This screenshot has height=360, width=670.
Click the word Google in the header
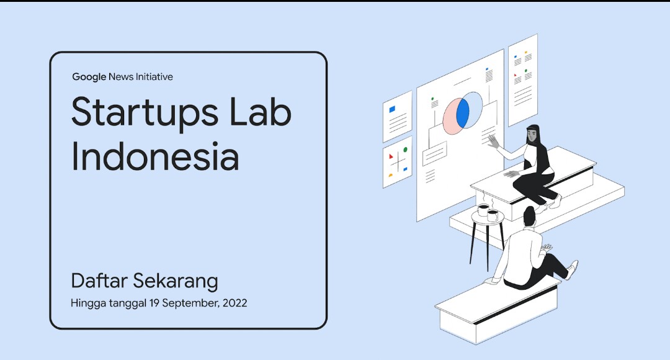pyautogui.click(x=89, y=77)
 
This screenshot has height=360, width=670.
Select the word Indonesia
pyautogui.click(x=155, y=158)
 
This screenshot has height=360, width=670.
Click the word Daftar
pyautogui.click(x=99, y=281)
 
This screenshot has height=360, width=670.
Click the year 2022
pyautogui.click(x=236, y=304)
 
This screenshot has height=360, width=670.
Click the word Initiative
pyautogui.click(x=151, y=77)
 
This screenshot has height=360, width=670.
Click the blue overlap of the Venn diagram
pyautogui.click(x=463, y=113)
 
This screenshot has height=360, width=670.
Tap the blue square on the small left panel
pyautogui.click(x=392, y=109)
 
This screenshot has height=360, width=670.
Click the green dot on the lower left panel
pyautogui.click(x=405, y=150)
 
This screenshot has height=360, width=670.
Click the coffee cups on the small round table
pyautogui.click(x=488, y=213)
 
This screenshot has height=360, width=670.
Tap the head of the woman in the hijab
pyautogui.click(x=534, y=133)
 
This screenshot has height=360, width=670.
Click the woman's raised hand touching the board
pyautogui.click(x=493, y=141)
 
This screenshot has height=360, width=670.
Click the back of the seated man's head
pyautogui.click(x=529, y=217)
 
